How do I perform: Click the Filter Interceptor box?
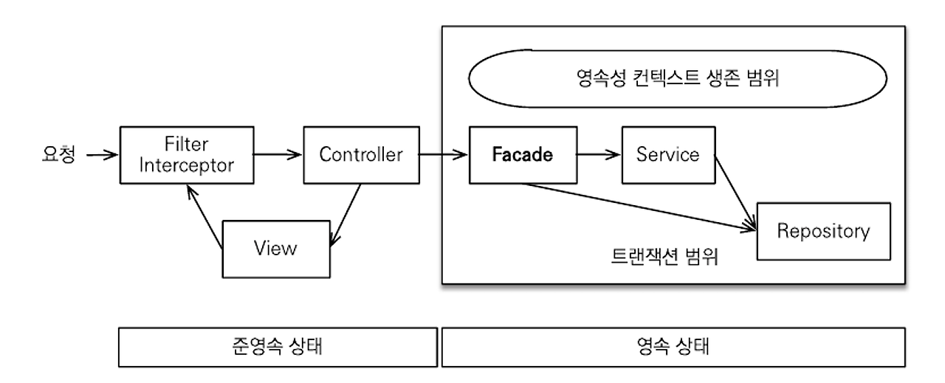(186, 155)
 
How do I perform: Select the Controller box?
(361, 155)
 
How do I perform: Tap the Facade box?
(522, 155)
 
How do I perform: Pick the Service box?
(667, 155)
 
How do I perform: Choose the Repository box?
(823, 232)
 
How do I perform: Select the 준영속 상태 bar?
(278, 347)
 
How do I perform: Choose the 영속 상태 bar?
(671, 347)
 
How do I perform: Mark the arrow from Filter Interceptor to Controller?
(278, 155)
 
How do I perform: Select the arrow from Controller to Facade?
(443, 155)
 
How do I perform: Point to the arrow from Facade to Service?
(598, 155)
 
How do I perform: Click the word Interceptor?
(186, 165)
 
